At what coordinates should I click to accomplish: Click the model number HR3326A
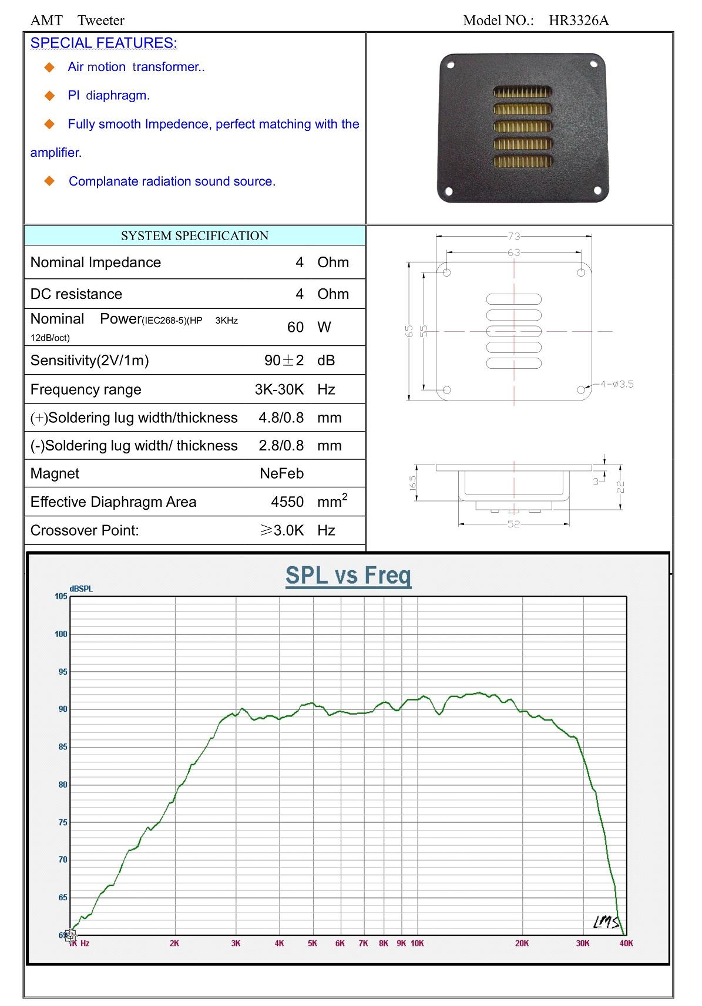click(x=579, y=20)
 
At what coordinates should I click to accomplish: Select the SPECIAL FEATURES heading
click(x=104, y=43)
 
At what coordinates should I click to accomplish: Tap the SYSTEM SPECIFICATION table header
click(x=194, y=235)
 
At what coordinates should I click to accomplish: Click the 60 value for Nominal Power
click(x=295, y=327)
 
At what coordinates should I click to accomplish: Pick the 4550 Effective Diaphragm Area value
click(x=287, y=502)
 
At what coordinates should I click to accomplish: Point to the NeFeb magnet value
click(x=281, y=473)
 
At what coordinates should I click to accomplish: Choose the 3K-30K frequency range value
click(x=280, y=389)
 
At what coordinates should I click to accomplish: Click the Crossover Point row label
click(x=85, y=530)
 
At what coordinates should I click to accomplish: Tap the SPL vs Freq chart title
click(x=348, y=576)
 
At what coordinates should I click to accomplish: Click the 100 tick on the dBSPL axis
click(x=61, y=634)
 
